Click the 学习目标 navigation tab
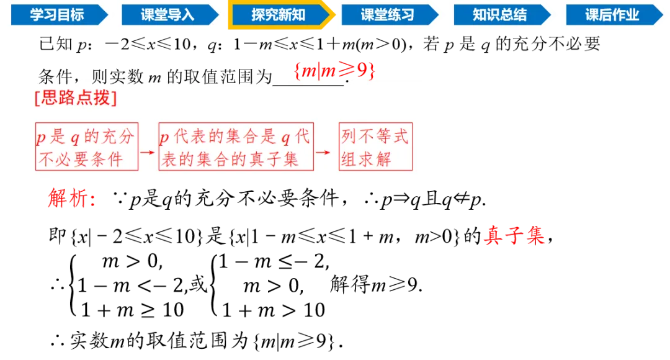tap(57, 15)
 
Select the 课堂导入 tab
tap(167, 15)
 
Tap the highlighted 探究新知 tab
tap(279, 15)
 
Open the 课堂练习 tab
tap(388, 15)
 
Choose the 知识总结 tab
tap(499, 15)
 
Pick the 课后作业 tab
tap(612, 15)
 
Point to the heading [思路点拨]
tap(76, 98)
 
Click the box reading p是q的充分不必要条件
tap(87, 147)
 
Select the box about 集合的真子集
tap(236, 147)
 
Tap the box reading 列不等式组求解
tap(375, 147)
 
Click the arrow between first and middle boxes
tap(148, 151)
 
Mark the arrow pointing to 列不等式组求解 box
tap(324, 151)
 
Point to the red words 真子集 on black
tap(514, 236)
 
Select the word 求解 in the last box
tap(375, 160)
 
